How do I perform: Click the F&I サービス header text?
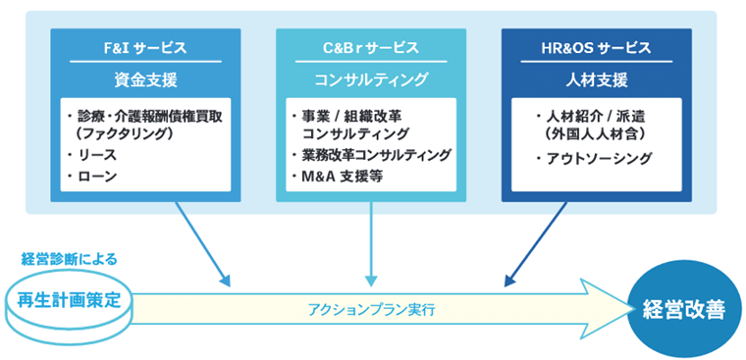(145, 47)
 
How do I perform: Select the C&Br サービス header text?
(371, 47)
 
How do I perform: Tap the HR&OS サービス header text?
(597, 47)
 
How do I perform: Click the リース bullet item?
(95, 155)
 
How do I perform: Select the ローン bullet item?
(95, 177)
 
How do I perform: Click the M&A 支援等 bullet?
(344, 177)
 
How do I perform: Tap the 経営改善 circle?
(683, 310)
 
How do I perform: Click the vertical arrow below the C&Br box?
(371, 245)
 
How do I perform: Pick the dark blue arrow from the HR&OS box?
(539, 245)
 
